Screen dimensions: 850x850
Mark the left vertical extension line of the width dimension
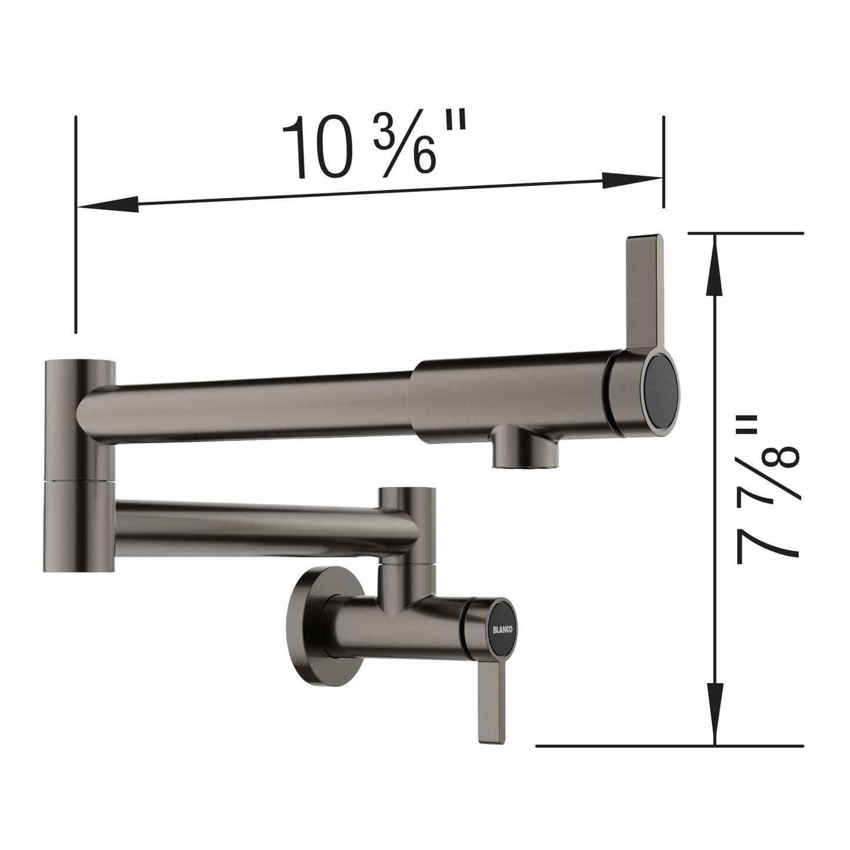tap(76, 224)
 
